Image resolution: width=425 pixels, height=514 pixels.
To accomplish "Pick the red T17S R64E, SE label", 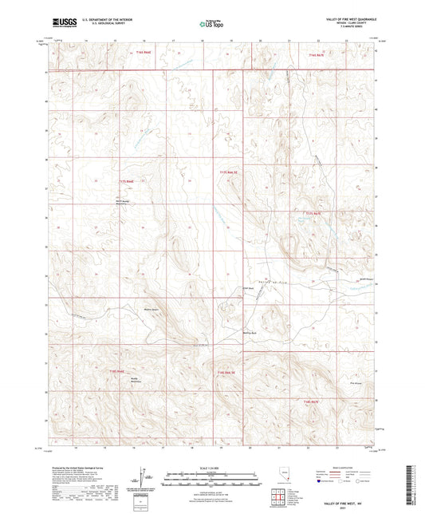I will point(230,172).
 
